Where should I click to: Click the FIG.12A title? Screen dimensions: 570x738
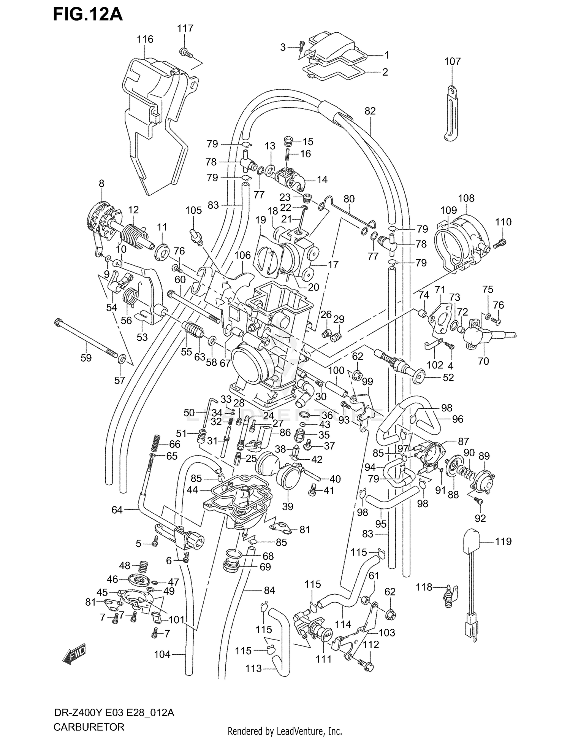click(x=88, y=14)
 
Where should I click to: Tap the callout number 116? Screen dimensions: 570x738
click(x=145, y=39)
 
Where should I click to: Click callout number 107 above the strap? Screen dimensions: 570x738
click(x=452, y=61)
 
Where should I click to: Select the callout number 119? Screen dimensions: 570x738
click(x=503, y=541)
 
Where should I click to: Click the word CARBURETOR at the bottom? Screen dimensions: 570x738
click(x=89, y=727)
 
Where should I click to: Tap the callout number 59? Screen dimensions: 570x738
click(x=86, y=358)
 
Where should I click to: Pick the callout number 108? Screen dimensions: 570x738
click(x=466, y=198)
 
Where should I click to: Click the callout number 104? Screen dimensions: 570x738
click(x=162, y=654)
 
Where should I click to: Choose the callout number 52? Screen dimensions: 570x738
click(x=448, y=377)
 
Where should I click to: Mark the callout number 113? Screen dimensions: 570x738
click(x=253, y=668)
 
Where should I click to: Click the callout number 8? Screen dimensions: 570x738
click(x=101, y=183)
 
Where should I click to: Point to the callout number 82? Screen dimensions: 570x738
click(x=370, y=111)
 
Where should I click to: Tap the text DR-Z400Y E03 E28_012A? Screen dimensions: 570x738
click(x=114, y=712)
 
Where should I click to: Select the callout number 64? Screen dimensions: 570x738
click(x=117, y=509)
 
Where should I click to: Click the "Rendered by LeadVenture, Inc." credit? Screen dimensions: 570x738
click(x=285, y=731)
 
